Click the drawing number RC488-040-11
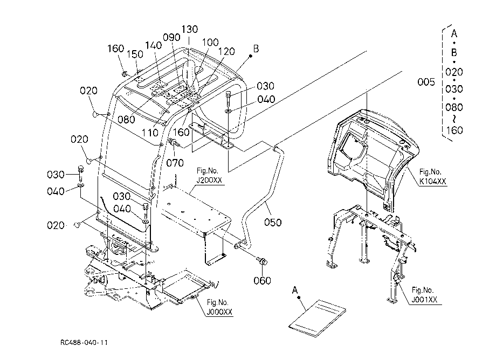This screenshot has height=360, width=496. (x=84, y=343)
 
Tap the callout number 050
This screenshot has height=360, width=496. (x=273, y=223)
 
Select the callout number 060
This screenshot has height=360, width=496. (x=262, y=280)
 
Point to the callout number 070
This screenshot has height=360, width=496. (x=175, y=163)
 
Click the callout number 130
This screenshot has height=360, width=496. (x=189, y=30)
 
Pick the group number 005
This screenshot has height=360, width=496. (x=426, y=82)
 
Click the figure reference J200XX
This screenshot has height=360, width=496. (x=209, y=180)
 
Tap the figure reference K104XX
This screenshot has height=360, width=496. (x=432, y=181)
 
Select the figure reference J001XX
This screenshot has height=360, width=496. (x=424, y=299)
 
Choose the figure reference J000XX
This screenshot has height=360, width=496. (x=219, y=312)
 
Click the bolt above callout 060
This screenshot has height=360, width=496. (x=262, y=261)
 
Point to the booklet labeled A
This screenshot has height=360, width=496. (x=317, y=319)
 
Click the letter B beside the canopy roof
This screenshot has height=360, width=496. (x=256, y=49)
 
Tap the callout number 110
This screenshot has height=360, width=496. (x=150, y=133)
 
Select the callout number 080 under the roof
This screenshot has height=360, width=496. (x=126, y=120)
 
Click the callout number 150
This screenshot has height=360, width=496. (x=135, y=54)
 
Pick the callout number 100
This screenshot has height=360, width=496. (x=210, y=43)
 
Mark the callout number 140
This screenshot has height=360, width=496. (x=154, y=45)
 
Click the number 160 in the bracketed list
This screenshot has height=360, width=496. (x=454, y=130)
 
